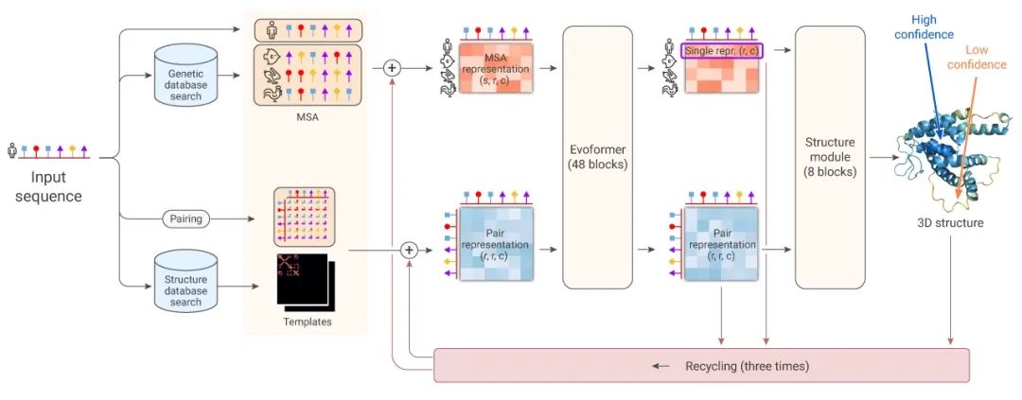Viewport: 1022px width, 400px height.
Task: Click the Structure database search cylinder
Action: [185, 282]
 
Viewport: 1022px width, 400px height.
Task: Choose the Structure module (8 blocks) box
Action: [830, 157]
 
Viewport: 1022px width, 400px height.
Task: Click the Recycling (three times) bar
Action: [701, 365]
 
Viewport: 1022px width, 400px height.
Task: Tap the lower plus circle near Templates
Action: [409, 250]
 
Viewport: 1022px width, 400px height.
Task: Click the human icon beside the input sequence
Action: [12, 149]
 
